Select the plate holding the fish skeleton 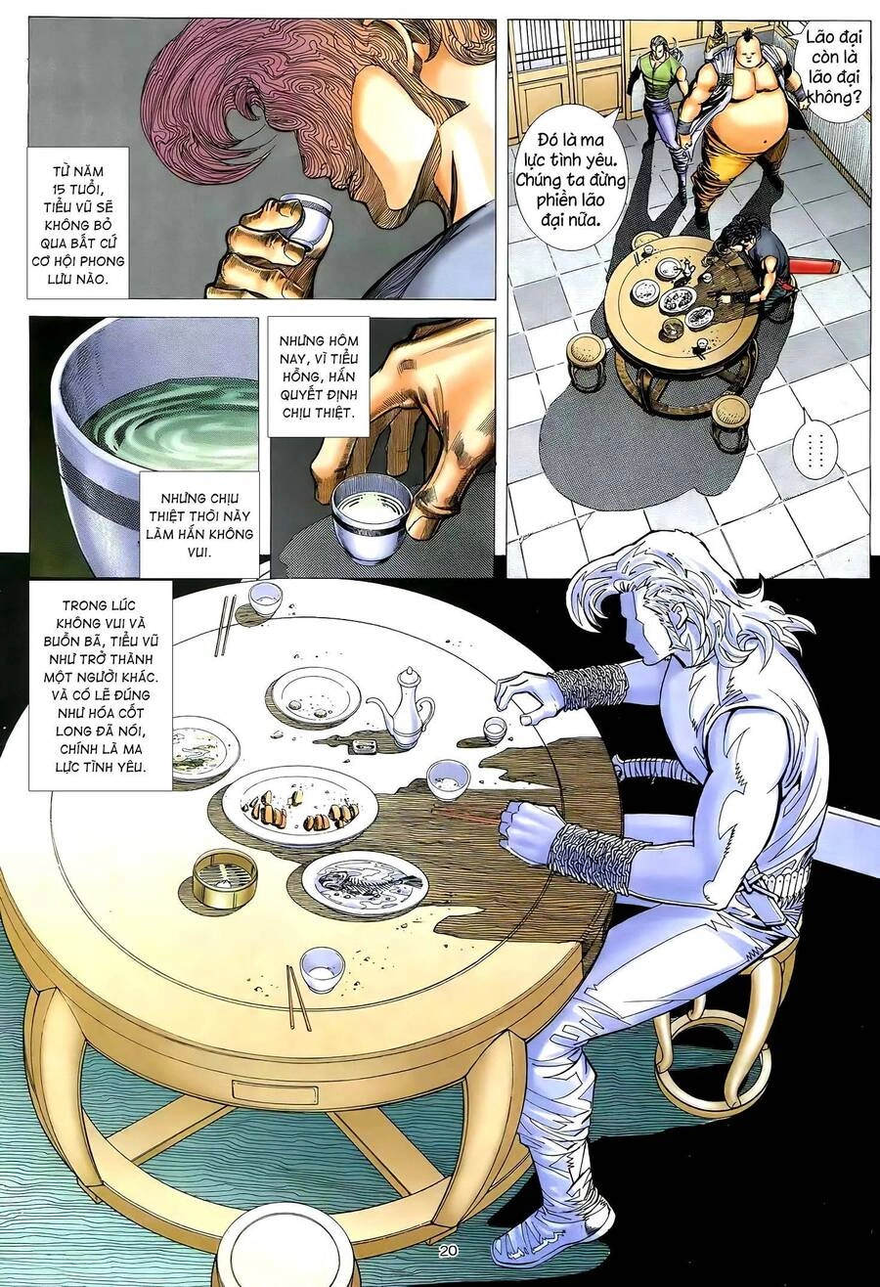tap(364, 882)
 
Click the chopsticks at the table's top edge tap(224, 626)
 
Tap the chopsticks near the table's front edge tap(298, 998)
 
